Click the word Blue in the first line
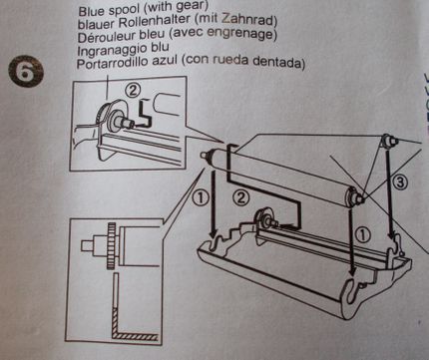click(x=93, y=6)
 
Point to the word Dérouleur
click(x=110, y=36)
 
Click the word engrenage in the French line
click(x=255, y=36)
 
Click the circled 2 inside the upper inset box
click(x=133, y=88)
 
